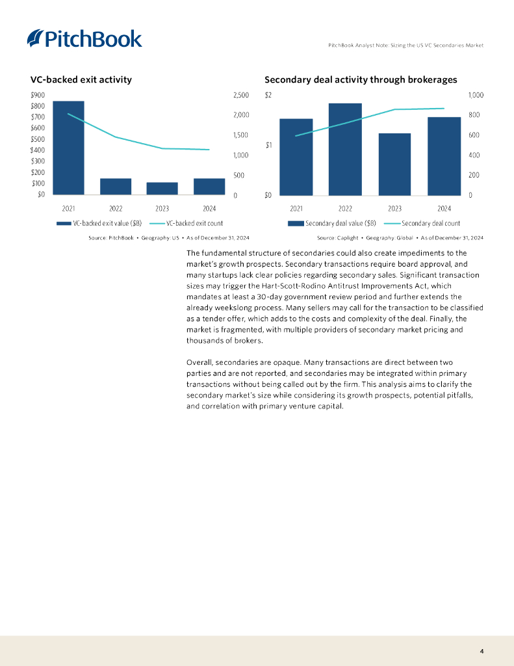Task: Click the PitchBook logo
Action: pyautogui.click(x=84, y=38)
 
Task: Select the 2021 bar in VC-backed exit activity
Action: pyautogui.click(x=68, y=148)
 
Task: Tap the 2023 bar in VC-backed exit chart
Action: pyautogui.click(x=162, y=189)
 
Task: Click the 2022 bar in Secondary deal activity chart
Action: pyautogui.click(x=345, y=149)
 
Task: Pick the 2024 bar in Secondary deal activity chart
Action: pyautogui.click(x=444, y=156)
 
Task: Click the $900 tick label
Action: pyautogui.click(x=38, y=95)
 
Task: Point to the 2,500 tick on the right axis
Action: pyautogui.click(x=240, y=95)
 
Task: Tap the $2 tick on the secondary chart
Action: pyautogui.click(x=268, y=95)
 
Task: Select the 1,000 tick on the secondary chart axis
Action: pyautogui.click(x=476, y=95)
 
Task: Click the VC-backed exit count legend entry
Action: pyautogui.click(x=192, y=223)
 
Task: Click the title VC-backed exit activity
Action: pyautogui.click(x=81, y=79)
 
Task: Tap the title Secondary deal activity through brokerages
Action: pyautogui.click(x=361, y=79)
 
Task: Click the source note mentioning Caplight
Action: pyautogui.click(x=400, y=238)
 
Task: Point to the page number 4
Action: pyautogui.click(x=482, y=651)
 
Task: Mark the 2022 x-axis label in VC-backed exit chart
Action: pyautogui.click(x=116, y=209)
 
